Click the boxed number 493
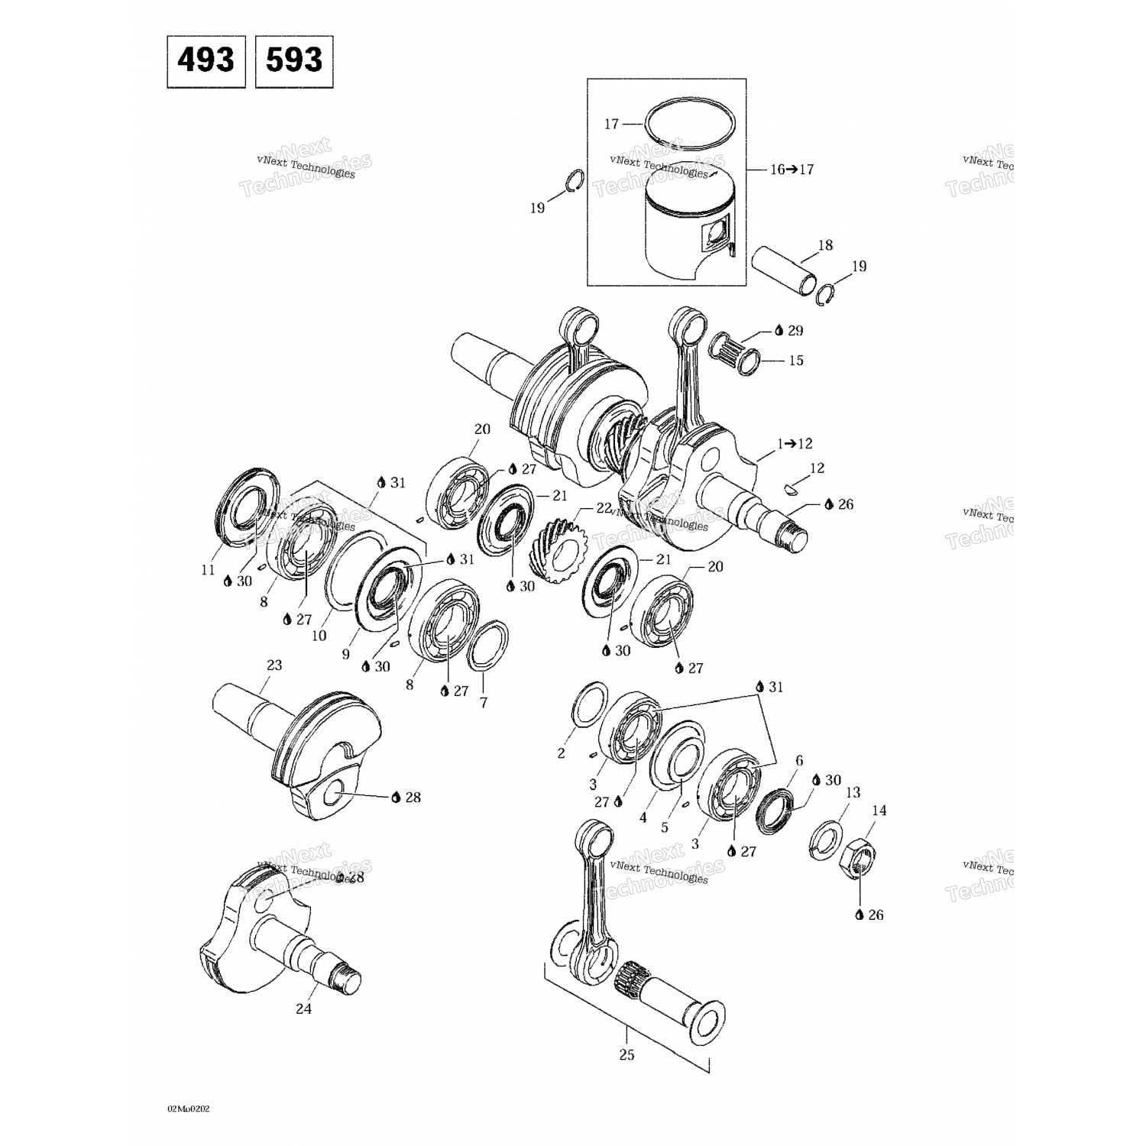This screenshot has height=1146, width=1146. click(206, 60)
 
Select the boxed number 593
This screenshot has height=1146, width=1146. click(294, 60)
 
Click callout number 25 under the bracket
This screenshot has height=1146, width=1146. click(626, 1055)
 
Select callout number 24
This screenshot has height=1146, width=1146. click(303, 1008)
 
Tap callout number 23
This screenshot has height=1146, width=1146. click(274, 665)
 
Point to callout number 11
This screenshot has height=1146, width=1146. click(208, 569)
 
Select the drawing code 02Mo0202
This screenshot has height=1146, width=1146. click(188, 1108)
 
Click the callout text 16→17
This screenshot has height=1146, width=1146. click(792, 169)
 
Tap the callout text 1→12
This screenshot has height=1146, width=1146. click(794, 443)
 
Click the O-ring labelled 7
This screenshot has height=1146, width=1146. click(489, 643)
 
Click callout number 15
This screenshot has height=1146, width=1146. click(796, 360)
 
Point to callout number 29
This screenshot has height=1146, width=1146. click(795, 330)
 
